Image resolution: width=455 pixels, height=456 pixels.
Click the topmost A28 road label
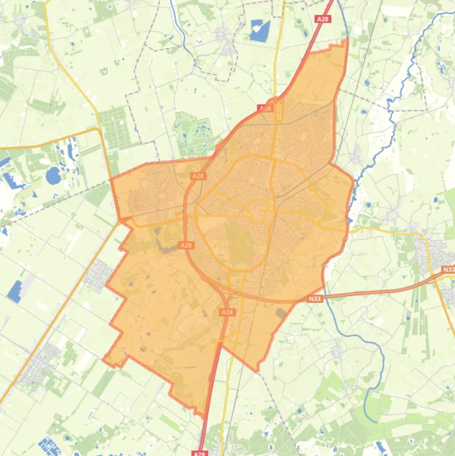pyautogui.click(x=322, y=19)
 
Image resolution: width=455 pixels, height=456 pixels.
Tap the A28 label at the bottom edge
pyautogui.click(x=200, y=454)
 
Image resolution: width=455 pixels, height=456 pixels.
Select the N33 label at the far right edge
pyautogui.click(x=448, y=270)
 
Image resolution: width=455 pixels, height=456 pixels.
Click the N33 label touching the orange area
pyautogui.click(x=315, y=299)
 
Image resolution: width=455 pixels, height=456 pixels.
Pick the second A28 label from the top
pyautogui.click(x=265, y=108)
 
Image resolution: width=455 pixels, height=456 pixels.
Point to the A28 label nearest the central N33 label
pyautogui.click(x=227, y=312)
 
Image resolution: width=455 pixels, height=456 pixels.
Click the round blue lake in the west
pyautogui.click(x=53, y=175)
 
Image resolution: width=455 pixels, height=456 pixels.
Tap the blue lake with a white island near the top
pyautogui.click(x=259, y=30)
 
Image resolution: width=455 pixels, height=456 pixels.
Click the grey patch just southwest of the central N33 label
pyautogui.click(x=280, y=312)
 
